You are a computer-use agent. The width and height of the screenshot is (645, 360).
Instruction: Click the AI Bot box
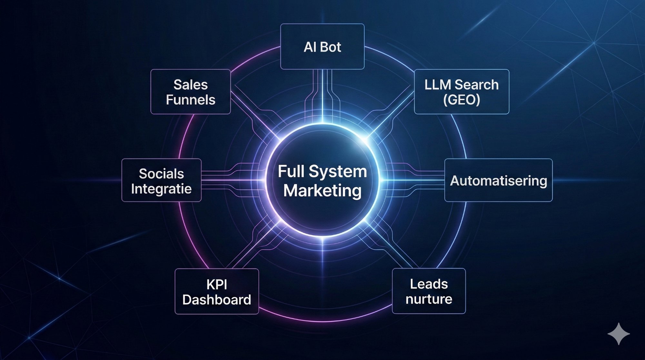point(322,46)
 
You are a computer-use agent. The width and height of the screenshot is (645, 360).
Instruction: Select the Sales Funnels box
point(191,92)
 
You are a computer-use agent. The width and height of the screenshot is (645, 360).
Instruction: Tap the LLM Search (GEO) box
point(461,92)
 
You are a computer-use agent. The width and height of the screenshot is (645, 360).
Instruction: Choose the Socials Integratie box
point(161,180)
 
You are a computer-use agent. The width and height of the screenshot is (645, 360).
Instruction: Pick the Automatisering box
point(498,180)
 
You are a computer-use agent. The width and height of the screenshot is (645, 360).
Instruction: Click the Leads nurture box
point(429,291)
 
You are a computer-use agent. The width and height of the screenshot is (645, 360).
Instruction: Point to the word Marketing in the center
point(322,190)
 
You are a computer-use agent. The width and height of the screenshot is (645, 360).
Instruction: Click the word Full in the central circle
point(291,171)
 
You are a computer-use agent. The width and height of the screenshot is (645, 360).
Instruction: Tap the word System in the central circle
point(338,171)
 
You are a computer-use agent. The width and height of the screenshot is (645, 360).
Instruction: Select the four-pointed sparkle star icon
point(619,334)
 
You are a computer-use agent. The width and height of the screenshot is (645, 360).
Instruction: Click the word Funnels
point(191,100)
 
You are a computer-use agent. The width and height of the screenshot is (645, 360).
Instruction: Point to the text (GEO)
point(461,100)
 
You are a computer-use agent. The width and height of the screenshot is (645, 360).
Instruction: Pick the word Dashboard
point(217,300)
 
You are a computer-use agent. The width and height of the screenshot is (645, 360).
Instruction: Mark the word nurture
point(429,299)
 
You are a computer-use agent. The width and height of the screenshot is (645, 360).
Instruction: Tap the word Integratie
point(161,189)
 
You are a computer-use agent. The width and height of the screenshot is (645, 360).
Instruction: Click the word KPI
point(217,285)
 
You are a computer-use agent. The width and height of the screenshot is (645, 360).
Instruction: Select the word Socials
point(161,174)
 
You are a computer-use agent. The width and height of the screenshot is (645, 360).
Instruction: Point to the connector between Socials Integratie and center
point(232,180)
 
